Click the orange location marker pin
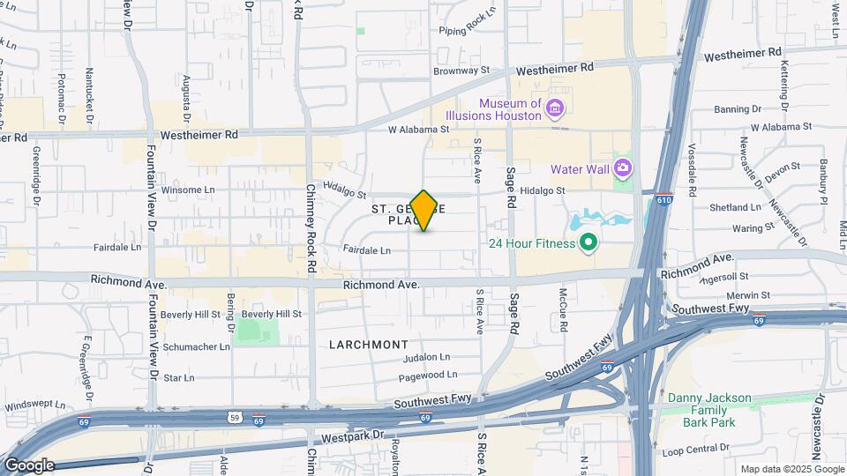click(424, 211)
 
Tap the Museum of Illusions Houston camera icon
click(555, 109)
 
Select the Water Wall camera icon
click(623, 167)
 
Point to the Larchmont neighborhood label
click(369, 344)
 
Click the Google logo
click(28, 465)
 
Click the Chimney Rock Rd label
click(311, 227)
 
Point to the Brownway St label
click(461, 69)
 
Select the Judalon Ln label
click(426, 358)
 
